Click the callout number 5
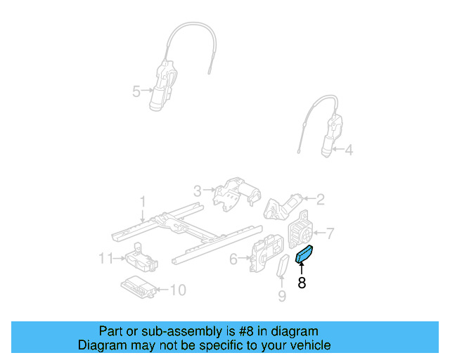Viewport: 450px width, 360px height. pyautogui.click(x=136, y=91)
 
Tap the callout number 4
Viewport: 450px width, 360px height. pyautogui.click(x=349, y=149)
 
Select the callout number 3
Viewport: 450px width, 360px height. pyautogui.click(x=198, y=190)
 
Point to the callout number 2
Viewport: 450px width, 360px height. pyautogui.click(x=320, y=200)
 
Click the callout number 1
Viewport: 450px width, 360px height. pyautogui.click(x=143, y=202)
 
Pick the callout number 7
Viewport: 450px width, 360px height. pyautogui.click(x=330, y=233)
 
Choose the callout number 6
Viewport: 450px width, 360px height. pyautogui.click(x=233, y=259)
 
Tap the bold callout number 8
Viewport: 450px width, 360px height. pyautogui.click(x=302, y=283)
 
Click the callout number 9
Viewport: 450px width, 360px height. pyautogui.click(x=282, y=296)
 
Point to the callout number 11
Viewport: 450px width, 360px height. pyautogui.click(x=105, y=259)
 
